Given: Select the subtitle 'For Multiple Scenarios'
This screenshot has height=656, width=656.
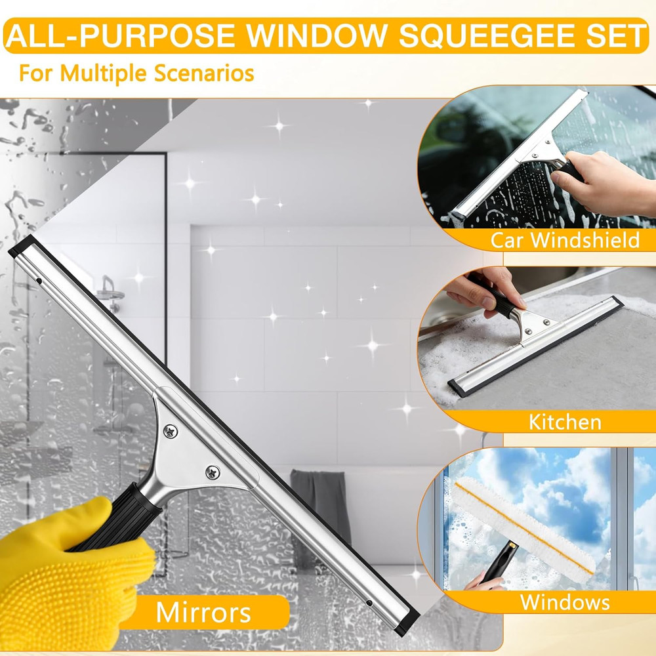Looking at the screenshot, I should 136,72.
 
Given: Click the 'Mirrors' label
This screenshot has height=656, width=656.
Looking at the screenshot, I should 203,612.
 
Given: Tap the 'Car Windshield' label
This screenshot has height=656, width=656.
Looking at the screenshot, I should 565,240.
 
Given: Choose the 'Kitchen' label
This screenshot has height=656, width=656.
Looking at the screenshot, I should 565,421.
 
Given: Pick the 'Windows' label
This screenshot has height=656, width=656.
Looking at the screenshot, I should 565,602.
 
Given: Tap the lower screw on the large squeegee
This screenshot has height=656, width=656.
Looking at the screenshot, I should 212,471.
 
